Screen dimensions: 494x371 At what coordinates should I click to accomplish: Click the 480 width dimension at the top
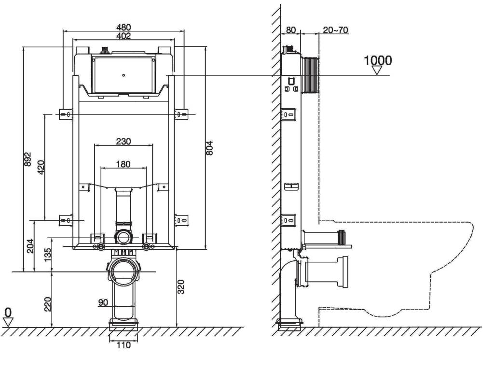point(123,28)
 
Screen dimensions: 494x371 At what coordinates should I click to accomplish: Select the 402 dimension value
point(123,36)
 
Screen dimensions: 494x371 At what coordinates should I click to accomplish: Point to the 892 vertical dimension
point(27,159)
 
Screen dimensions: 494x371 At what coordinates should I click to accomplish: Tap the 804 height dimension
point(209,148)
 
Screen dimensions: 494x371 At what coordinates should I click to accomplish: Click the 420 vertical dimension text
point(41,168)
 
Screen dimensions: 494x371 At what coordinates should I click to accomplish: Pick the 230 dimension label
point(123,141)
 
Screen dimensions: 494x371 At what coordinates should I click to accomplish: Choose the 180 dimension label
point(123,164)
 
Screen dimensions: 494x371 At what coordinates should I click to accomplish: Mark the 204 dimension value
point(30,245)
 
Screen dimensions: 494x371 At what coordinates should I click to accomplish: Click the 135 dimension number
point(47,255)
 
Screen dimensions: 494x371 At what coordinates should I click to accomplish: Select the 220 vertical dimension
point(48,304)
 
